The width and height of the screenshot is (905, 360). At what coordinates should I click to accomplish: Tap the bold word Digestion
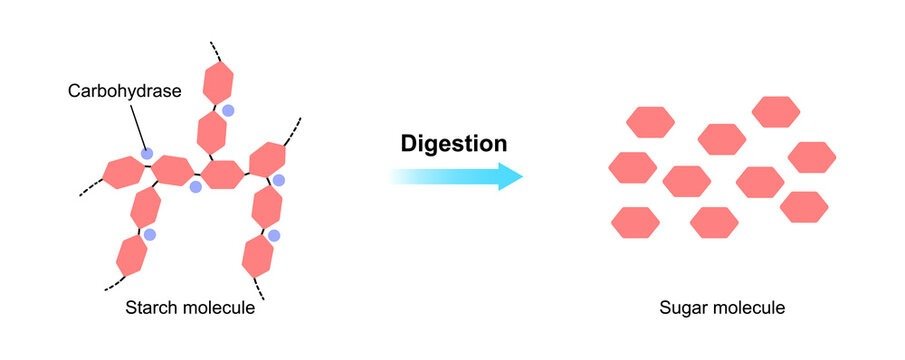click(x=453, y=143)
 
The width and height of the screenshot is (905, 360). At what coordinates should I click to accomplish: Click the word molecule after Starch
click(x=219, y=308)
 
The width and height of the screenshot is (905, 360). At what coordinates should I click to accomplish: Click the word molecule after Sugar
click(x=752, y=308)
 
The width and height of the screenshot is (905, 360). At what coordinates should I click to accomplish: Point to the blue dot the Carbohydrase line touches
click(x=147, y=154)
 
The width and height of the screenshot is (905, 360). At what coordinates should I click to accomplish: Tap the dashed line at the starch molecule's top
click(x=214, y=50)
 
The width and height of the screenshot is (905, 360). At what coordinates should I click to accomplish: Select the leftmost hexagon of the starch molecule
click(x=121, y=172)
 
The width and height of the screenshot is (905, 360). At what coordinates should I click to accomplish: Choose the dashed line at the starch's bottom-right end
click(x=259, y=289)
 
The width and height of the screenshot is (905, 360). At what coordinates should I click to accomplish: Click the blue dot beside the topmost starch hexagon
click(x=228, y=110)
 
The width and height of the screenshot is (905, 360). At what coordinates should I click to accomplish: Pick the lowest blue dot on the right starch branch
click(x=273, y=236)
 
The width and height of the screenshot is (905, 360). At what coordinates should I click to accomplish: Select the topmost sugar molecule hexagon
click(x=776, y=112)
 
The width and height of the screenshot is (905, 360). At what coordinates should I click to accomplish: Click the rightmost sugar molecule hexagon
click(x=812, y=157)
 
